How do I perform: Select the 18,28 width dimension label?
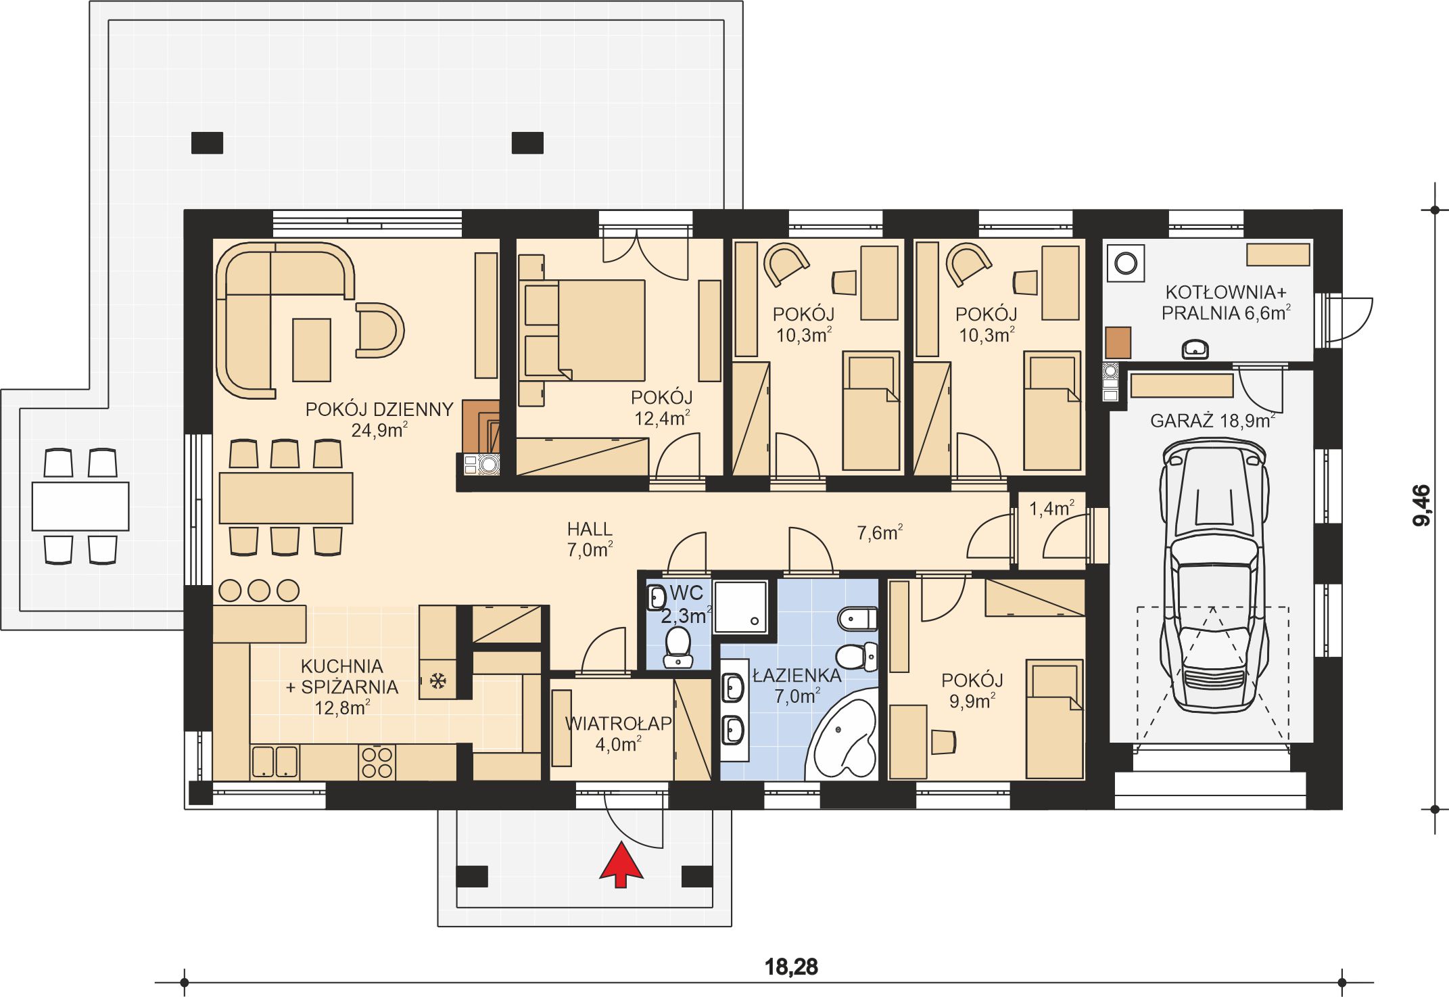click(791, 967)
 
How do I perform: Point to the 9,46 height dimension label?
click(1421, 505)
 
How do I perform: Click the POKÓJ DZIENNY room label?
click(379, 409)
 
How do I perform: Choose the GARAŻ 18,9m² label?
click(1212, 421)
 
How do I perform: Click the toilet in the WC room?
click(678, 647)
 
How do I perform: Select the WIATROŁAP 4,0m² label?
click(618, 733)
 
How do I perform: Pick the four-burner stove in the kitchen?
click(377, 762)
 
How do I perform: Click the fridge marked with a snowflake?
click(437, 680)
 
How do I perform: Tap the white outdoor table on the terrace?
click(80, 506)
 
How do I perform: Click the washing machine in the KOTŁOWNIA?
click(1126, 262)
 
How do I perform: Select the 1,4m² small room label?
click(1051, 508)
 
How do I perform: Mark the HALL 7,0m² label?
click(590, 539)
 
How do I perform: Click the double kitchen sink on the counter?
click(275, 762)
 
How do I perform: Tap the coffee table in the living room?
click(312, 350)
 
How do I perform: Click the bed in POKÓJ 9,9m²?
click(1054, 719)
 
